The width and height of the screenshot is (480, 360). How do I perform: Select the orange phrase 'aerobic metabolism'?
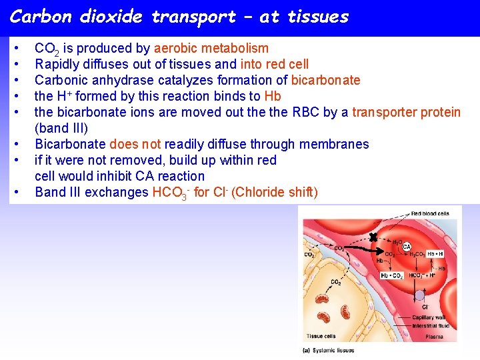point(211,48)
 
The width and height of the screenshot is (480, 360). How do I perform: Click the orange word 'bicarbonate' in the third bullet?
point(326,80)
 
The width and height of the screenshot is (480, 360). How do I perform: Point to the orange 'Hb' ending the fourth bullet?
point(273,96)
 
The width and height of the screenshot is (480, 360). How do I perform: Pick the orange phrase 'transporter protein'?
point(406,112)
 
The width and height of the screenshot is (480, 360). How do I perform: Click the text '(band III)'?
point(61,128)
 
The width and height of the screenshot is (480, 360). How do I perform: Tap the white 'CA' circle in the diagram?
point(406,247)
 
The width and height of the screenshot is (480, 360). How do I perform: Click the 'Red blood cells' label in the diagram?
point(430,213)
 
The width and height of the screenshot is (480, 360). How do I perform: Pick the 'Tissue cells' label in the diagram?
point(321,336)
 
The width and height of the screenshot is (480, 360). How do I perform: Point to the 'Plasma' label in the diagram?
point(433,337)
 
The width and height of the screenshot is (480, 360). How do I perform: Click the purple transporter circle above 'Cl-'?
point(419,295)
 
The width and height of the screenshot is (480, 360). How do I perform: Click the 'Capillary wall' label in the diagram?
point(429,318)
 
